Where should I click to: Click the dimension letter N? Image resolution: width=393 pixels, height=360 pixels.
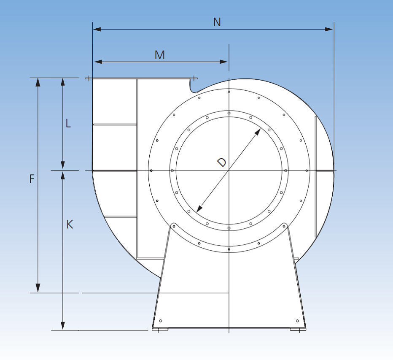pos(217,22)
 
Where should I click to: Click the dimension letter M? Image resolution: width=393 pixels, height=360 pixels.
pos(159,55)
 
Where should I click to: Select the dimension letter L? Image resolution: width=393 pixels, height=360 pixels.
pos(68,124)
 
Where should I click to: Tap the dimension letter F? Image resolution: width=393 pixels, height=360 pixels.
pos(32,179)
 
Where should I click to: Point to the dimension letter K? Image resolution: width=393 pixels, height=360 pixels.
pos(70,225)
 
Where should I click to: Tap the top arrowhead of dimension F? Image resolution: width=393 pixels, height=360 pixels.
pos(38,82)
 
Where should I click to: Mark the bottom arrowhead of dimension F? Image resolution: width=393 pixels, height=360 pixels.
pos(38,288)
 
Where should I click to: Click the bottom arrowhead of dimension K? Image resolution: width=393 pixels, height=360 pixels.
pos(63,325)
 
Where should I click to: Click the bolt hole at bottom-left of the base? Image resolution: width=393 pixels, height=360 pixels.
pos(160,321)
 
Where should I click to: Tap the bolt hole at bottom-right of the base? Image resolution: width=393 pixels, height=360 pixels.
pos(297,321)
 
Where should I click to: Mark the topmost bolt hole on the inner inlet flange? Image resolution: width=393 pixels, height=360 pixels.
pos(229,113)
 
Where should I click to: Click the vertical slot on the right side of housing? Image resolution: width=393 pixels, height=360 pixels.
pos(316,176)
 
